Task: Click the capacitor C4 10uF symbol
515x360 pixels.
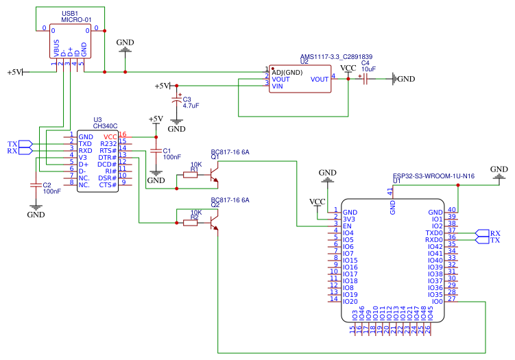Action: coord(364,79)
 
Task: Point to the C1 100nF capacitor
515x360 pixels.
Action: coord(156,150)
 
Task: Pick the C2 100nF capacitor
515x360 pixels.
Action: coord(36,185)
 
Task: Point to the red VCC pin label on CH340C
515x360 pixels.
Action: coord(110,137)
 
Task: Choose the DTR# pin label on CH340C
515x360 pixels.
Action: coord(108,158)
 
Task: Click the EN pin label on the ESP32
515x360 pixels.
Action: coord(347,226)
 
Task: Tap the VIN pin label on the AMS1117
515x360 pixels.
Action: coord(278,86)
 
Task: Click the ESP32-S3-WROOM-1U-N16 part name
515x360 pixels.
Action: coord(433,176)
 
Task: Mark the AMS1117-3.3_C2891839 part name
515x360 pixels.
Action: coord(336,57)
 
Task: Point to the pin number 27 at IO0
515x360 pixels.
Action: coord(451,298)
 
